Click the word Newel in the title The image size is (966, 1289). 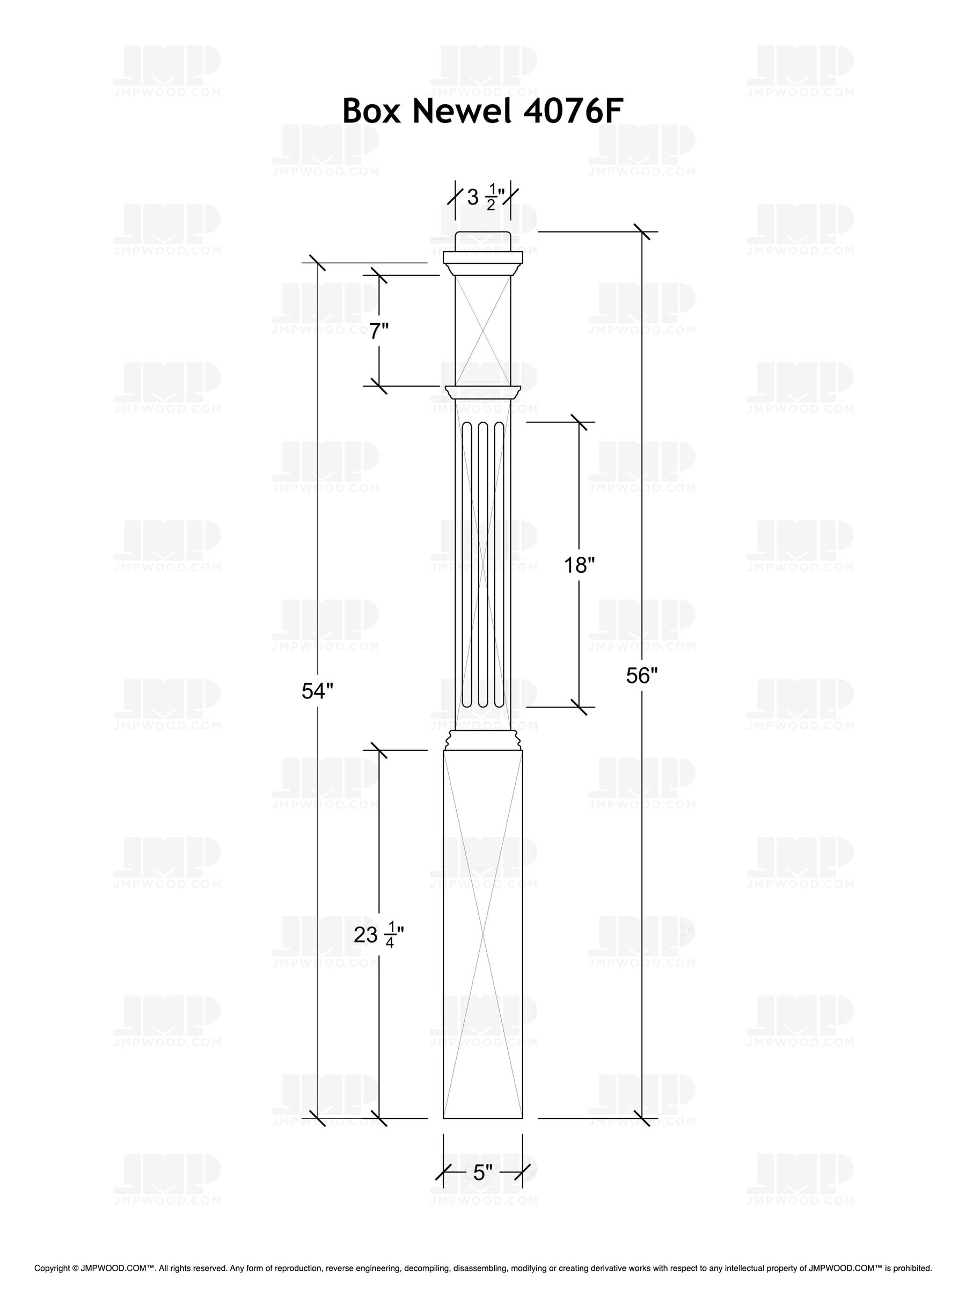pos(462,111)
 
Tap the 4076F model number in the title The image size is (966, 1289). pos(566,111)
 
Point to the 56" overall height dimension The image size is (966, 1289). pos(641,675)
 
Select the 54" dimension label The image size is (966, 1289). pos(318,691)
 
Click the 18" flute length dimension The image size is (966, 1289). pos(579,565)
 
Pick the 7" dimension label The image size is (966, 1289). pos(379,332)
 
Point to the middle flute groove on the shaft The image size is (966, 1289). pos(482,564)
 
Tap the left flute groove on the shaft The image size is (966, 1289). pos(467,564)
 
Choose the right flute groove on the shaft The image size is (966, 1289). pos(498,564)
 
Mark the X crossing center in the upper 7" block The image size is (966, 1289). pos(482,331)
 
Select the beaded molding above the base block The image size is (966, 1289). pos(482,741)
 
